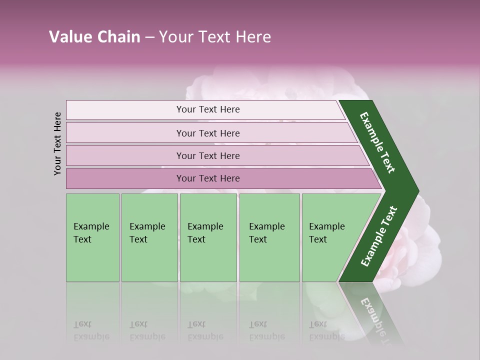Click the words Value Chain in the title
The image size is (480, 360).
click(94, 37)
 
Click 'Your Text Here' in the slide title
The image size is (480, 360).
click(215, 37)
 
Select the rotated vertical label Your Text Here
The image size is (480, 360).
click(57, 143)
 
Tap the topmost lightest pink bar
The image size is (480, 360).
click(207, 109)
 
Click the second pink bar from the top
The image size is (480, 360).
click(207, 133)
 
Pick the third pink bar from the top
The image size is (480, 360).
click(207, 155)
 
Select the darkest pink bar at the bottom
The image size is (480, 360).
click(207, 178)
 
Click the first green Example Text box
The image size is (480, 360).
click(92, 237)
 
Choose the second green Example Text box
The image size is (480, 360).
click(149, 237)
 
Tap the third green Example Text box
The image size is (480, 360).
click(208, 237)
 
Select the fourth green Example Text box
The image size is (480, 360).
click(269, 237)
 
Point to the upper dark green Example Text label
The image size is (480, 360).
click(378, 142)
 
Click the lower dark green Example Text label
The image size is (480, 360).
click(379, 236)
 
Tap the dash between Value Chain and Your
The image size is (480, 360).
click(149, 37)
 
